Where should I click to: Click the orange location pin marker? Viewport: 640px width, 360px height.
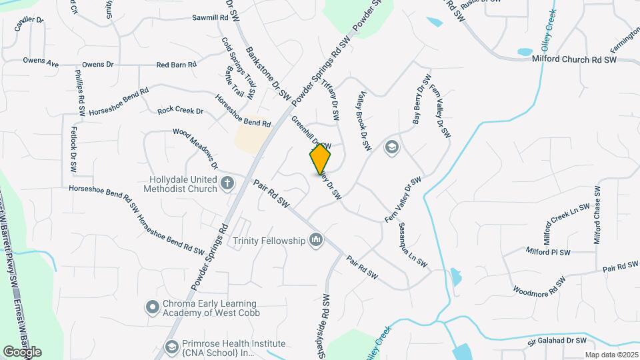point(321,159)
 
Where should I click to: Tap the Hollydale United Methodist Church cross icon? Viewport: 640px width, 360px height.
point(227,183)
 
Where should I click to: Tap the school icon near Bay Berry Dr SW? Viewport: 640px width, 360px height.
point(391,147)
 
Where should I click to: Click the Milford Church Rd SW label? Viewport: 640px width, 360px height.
point(574,60)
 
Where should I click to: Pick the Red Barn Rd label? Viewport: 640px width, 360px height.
point(176,65)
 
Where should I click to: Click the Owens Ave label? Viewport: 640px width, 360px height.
point(41,61)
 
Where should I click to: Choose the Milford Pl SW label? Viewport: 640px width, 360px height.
point(548,252)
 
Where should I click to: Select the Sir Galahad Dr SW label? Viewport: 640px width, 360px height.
point(561,341)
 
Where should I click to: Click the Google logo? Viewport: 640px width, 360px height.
point(22,351)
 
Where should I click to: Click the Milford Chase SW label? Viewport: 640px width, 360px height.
point(597,215)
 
